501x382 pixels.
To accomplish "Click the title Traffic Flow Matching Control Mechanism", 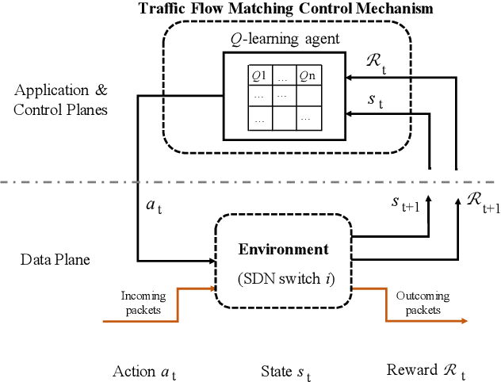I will click(x=286, y=9).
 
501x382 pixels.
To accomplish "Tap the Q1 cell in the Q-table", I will click(x=259, y=76).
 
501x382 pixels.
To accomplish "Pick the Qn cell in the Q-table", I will click(x=308, y=76).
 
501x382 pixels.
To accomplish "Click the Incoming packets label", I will click(x=143, y=303).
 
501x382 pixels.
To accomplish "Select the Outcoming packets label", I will click(x=422, y=303).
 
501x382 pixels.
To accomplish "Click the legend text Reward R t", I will click(x=426, y=370).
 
